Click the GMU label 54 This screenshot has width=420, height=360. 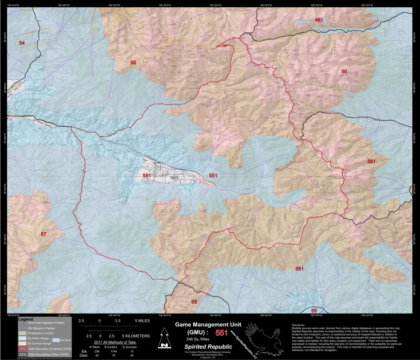[22, 43]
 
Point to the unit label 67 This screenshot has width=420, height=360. [43, 234]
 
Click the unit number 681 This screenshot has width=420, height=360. [299, 269]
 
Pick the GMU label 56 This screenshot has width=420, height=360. [344, 71]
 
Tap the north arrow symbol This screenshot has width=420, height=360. [163, 339]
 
